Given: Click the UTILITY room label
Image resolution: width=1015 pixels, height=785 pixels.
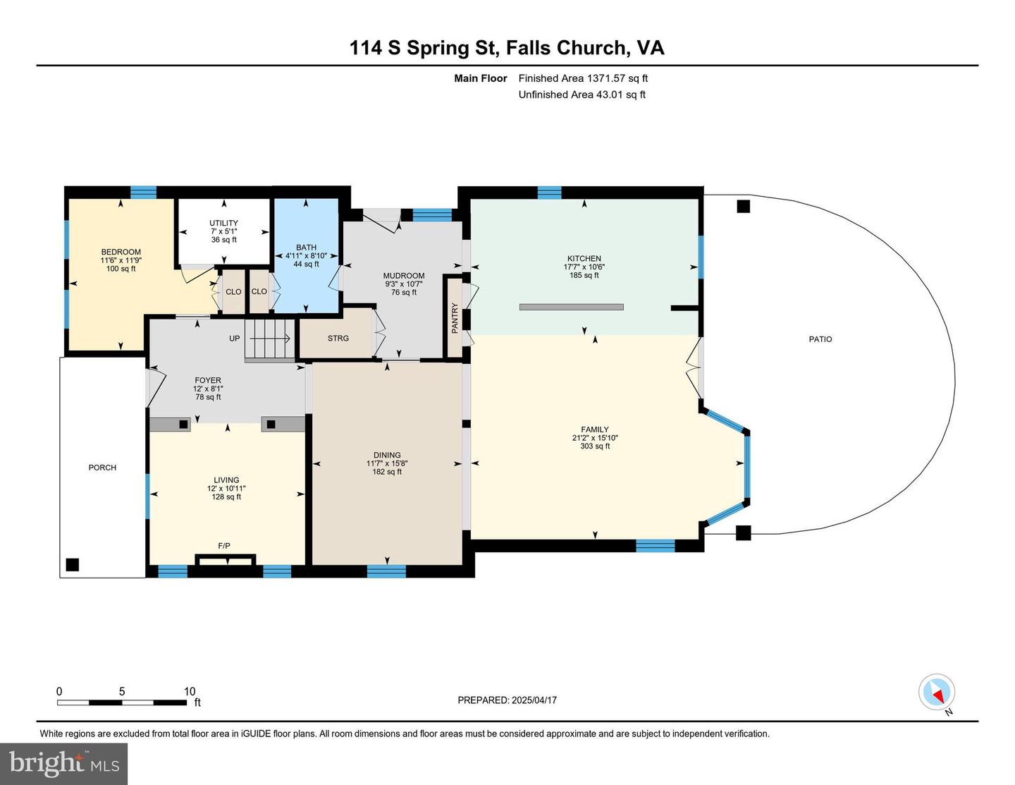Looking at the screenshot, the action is (223, 223).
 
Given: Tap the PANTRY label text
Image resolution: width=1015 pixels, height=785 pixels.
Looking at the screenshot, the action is (455, 318).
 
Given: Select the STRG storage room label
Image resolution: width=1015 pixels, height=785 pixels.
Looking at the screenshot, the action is (338, 339).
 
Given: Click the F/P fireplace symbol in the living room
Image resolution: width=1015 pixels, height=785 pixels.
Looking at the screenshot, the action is (226, 559).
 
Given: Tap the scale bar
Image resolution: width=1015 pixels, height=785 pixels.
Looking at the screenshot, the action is (123, 702).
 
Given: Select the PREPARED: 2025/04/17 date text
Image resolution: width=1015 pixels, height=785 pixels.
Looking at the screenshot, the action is (508, 700).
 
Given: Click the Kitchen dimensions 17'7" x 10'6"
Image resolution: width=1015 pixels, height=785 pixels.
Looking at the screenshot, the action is (584, 267).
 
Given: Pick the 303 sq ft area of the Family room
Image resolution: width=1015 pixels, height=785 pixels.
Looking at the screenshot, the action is (595, 446).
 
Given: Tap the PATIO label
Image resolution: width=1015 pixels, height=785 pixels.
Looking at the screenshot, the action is (820, 339).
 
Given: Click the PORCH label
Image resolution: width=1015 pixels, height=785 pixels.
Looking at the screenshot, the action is (102, 467).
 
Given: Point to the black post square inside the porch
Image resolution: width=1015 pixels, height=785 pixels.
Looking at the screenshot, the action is (73, 564).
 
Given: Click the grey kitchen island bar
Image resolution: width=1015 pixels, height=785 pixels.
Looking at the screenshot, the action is (571, 307).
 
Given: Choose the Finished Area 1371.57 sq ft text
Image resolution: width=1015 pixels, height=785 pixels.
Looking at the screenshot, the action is (583, 78).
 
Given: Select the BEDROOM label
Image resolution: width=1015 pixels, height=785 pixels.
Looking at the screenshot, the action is (121, 252).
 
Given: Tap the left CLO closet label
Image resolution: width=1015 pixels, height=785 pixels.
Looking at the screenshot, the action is (233, 291).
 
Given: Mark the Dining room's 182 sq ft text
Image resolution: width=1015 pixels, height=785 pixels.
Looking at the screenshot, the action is (387, 471).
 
